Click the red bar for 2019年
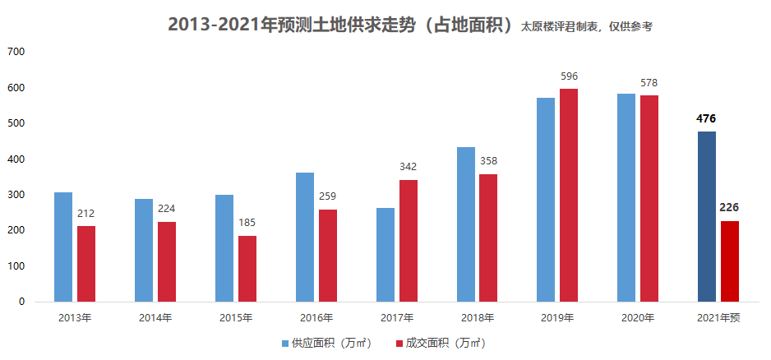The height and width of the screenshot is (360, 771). pos(569,195)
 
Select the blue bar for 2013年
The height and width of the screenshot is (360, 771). pos(63,247)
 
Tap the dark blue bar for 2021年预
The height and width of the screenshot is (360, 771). pos(707,216)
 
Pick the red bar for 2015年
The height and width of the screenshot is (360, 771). pos(247,269)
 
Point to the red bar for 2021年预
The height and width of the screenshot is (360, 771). pos(730,261)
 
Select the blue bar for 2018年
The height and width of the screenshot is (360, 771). pos(466,224)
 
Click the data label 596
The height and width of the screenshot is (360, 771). pos(569,76)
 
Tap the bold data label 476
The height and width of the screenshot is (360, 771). pos(706,118)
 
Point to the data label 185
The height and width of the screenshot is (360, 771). pos(247,223)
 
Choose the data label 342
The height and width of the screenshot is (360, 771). pos(409,167)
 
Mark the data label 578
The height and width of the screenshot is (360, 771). pos(649,83)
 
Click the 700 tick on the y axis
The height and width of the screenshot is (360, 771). pos(16,52)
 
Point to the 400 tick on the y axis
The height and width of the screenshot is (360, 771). pos(16,159)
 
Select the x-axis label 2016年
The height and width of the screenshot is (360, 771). pos(316,318)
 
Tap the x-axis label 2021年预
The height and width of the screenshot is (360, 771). pos(718,318)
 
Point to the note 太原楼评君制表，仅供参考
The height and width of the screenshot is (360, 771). pos(586,27)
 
